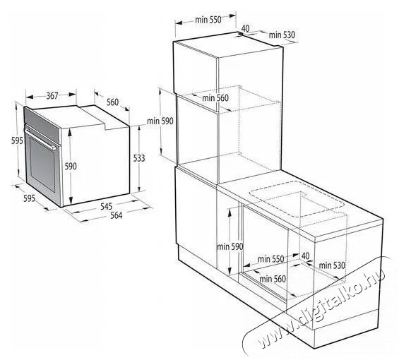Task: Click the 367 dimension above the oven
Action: [52, 96]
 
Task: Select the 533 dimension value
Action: [139, 158]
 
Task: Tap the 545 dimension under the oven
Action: [106, 206]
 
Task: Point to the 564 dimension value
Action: [117, 215]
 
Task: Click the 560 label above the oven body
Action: [112, 102]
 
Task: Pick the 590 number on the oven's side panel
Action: [71, 166]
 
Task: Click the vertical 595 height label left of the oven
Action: [17, 140]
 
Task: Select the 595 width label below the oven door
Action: [29, 198]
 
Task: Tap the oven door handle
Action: [41, 138]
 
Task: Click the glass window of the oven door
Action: [42, 164]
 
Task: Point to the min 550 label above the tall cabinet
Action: [208, 20]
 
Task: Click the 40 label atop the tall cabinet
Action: [245, 28]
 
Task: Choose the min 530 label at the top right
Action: [282, 35]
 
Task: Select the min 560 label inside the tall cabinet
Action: [215, 97]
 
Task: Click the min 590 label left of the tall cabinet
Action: [160, 121]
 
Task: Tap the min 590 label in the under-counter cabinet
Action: [230, 246]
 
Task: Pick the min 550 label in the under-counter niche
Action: [270, 259]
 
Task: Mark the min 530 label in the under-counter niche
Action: [332, 265]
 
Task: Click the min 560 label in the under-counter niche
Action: [273, 279]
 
